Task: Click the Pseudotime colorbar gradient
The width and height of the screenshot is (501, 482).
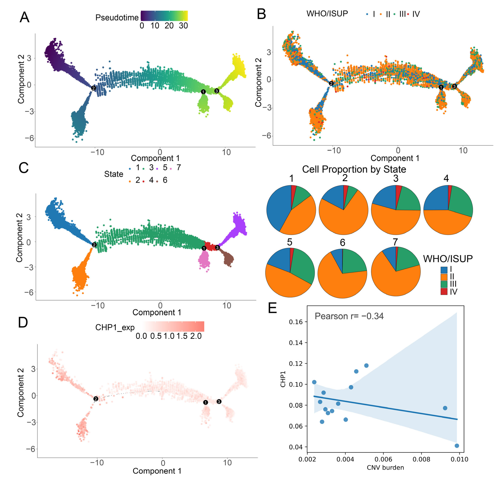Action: coord(164,16)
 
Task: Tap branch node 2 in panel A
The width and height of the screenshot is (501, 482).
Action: coord(94,88)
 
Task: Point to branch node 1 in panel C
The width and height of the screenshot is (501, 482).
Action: coord(204,248)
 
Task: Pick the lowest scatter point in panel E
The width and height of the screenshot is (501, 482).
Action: coord(457,446)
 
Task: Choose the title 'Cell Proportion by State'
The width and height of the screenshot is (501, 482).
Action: coord(354,169)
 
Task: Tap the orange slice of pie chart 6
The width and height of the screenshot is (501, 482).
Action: coord(340,284)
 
